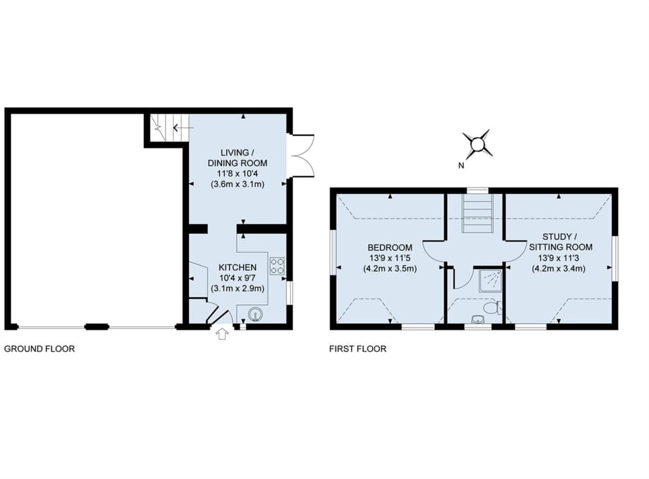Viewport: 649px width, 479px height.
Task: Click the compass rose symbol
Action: click(x=477, y=144)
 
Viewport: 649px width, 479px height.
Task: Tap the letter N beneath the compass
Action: click(x=461, y=166)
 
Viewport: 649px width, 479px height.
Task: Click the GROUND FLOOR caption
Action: click(x=40, y=349)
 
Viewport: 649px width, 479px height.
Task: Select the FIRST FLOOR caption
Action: click(x=358, y=349)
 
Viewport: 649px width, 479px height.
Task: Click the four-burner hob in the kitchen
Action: click(x=277, y=265)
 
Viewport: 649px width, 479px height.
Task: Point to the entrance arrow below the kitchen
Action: click(x=223, y=334)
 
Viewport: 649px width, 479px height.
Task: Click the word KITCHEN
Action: click(x=237, y=267)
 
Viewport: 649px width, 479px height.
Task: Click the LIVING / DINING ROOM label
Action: click(x=237, y=158)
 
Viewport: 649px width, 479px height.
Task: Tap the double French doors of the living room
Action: click(x=302, y=156)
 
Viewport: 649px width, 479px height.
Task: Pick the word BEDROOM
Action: click(x=390, y=248)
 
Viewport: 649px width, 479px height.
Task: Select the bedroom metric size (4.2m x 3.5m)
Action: click(x=390, y=268)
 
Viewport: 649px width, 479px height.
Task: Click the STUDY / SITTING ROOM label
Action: click(x=560, y=242)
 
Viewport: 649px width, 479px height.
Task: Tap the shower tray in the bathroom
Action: click(x=489, y=281)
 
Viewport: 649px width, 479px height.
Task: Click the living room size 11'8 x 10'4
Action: click(x=237, y=174)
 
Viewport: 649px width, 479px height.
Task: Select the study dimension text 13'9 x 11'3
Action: click(x=560, y=258)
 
